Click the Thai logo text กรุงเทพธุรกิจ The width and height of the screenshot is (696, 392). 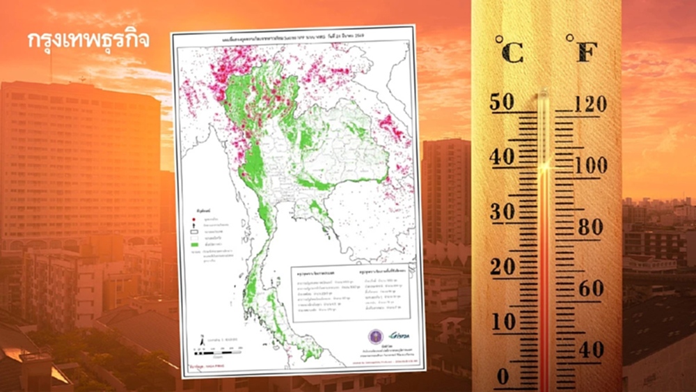pyautogui.click(x=88, y=40)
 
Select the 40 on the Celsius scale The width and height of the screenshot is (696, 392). pyautogui.click(x=502, y=157)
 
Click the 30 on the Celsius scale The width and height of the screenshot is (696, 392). pyautogui.click(x=502, y=212)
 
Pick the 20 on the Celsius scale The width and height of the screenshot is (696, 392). pyautogui.click(x=502, y=267)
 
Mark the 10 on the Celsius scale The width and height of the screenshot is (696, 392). pyautogui.click(x=502, y=322)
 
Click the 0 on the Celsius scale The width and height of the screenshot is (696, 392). pyautogui.click(x=503, y=377)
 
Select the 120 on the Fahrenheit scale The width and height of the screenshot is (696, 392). pyautogui.click(x=591, y=104)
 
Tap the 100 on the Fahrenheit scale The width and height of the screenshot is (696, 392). pyautogui.click(x=591, y=166)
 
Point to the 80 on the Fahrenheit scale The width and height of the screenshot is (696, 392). pyautogui.click(x=590, y=228)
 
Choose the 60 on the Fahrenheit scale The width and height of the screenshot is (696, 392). pyautogui.click(x=590, y=288)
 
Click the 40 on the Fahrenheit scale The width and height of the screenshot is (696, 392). pyautogui.click(x=590, y=350)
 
